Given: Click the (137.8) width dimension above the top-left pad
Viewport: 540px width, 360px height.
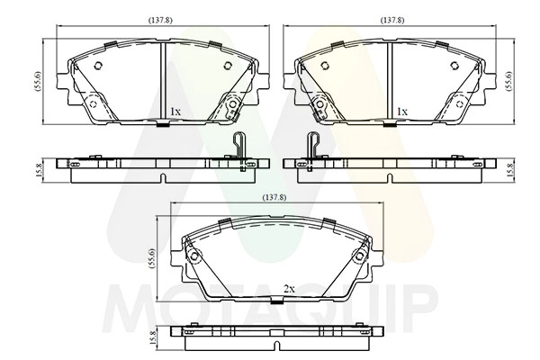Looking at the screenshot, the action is pyautogui.click(x=160, y=21).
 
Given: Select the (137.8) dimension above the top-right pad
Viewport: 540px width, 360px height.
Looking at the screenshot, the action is pyautogui.click(x=391, y=21).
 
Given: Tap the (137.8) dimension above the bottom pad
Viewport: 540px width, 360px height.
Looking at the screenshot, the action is pyautogui.click(x=274, y=198).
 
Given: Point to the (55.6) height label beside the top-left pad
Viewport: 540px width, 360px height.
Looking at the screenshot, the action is pyautogui.click(x=38, y=81).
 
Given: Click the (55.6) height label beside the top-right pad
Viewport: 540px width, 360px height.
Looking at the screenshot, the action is pyautogui.click(x=509, y=81).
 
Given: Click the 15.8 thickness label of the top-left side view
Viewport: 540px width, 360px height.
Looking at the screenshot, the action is pyautogui.click(x=39, y=170).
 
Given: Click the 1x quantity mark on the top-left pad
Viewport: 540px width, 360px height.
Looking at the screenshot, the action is pyautogui.click(x=175, y=112).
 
